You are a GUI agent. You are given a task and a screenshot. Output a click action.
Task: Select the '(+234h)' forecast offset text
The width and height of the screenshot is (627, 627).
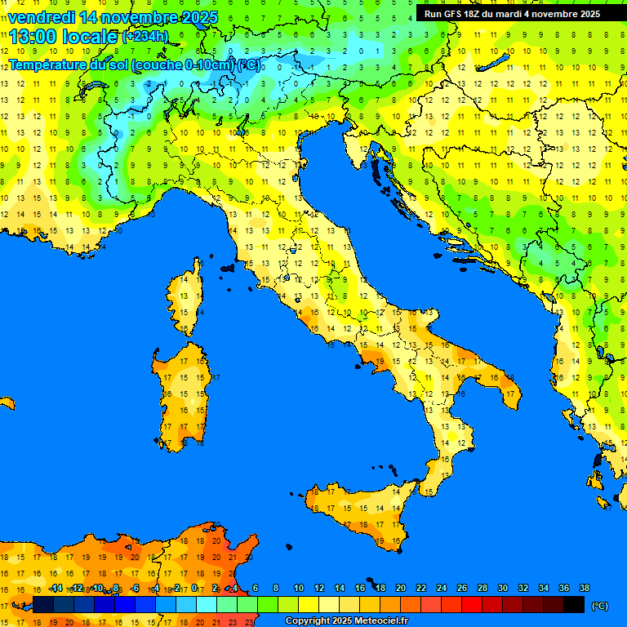(145, 37)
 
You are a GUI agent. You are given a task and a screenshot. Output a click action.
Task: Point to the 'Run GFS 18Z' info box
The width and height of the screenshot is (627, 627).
(512, 14)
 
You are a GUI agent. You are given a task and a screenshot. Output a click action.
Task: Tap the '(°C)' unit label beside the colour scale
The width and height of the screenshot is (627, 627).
(599, 606)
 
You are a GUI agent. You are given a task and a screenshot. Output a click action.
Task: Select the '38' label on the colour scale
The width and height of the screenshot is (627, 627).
(584, 589)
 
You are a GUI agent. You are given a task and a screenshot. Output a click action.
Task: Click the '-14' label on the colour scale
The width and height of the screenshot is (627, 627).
(56, 589)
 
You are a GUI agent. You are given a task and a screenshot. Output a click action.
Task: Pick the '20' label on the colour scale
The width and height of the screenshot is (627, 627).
(400, 589)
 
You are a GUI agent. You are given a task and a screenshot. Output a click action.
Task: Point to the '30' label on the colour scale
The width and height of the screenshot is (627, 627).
(502, 589)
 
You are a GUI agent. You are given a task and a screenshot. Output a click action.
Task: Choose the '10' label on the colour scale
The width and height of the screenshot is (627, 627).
(298, 589)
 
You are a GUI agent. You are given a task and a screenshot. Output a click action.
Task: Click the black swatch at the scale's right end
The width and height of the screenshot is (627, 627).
(574, 604)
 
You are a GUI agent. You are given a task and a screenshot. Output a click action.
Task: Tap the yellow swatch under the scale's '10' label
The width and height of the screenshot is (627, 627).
(309, 604)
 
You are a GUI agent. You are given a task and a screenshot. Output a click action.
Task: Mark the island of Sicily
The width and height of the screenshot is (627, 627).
(359, 510)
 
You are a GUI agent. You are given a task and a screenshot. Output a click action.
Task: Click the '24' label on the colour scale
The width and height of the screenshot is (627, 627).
(441, 589)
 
